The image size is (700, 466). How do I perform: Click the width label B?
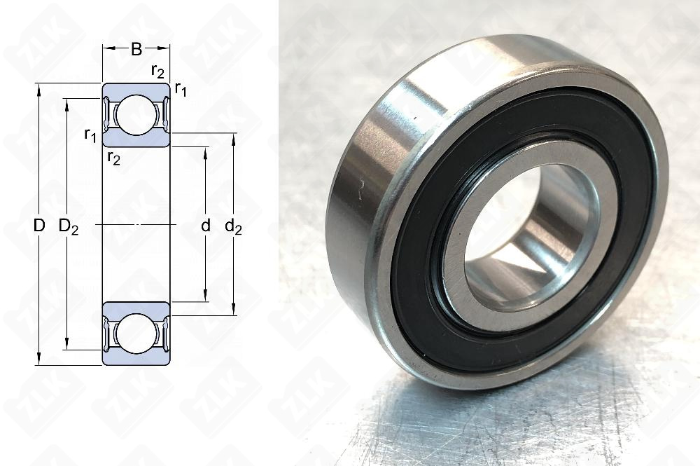click(136, 49)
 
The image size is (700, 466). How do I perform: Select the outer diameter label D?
click(39, 226)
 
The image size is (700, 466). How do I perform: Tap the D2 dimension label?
click(68, 226)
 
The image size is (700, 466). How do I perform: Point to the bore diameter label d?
click(205, 226)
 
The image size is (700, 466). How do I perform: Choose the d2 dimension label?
click(234, 226)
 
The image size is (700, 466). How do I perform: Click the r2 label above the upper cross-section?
click(157, 70)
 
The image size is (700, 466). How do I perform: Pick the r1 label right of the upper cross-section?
click(181, 88)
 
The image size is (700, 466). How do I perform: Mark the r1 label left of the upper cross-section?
click(90, 135)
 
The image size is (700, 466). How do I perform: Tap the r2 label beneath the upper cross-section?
click(113, 158)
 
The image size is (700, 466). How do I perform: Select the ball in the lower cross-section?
click(136, 334)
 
